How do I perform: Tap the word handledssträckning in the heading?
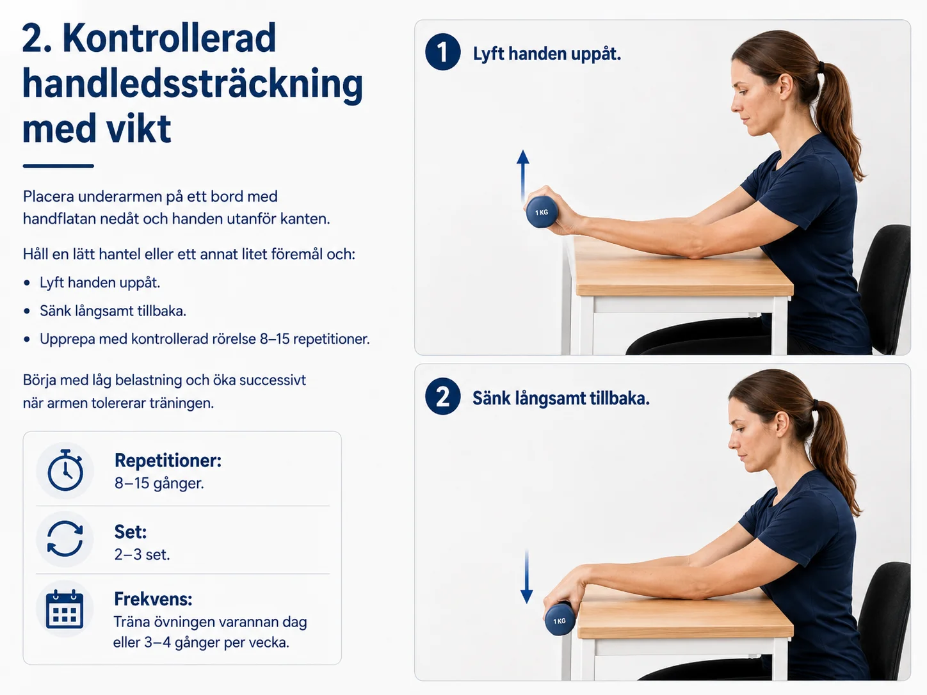pos(193,84)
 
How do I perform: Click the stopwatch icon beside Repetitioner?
pos(65,470)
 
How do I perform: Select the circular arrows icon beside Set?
pos(65,539)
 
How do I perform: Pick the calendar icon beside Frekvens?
pos(65,609)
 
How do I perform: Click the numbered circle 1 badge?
pos(442,52)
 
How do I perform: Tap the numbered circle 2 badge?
pos(442,396)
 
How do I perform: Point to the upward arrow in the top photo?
pos(523,175)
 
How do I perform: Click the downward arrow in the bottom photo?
pos(526,577)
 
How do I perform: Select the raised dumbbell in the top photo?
pos(542,212)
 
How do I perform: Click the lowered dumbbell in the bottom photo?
pos(560,619)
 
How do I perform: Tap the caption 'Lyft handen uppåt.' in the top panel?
pos(547,54)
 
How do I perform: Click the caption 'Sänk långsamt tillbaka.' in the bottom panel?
pos(561,398)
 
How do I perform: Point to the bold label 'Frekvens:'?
pos(153,599)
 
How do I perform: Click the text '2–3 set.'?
pos(142,554)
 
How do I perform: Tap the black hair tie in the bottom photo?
pos(816,405)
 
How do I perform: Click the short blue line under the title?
pos(58,166)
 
